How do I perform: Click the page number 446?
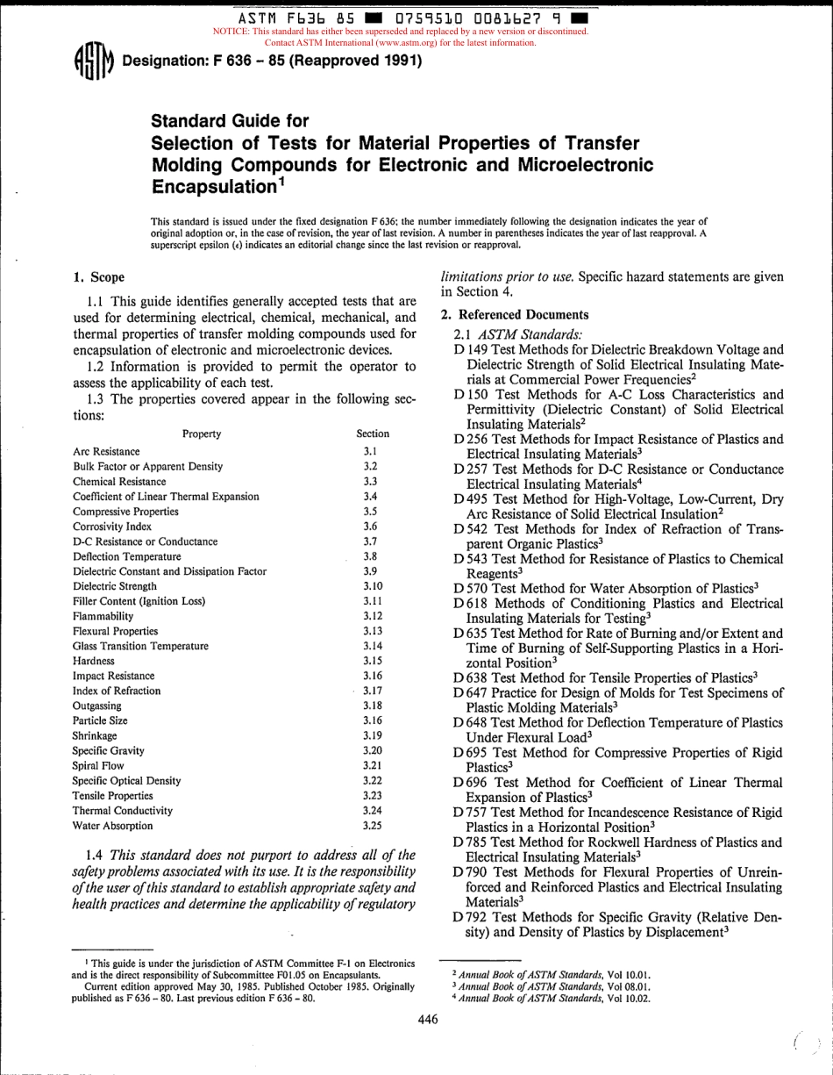(427, 1019)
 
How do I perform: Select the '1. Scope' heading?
(98, 278)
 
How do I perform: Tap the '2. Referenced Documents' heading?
(514, 314)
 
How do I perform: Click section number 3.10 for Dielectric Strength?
(372, 585)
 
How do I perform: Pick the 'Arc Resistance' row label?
(106, 451)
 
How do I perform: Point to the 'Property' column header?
(202, 434)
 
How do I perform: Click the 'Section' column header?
(373, 434)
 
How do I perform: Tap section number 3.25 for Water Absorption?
(372, 825)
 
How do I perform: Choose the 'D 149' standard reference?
(469, 348)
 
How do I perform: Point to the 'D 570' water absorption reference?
(469, 587)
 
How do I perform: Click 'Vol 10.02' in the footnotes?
(626, 998)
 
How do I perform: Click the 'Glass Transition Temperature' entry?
(140, 645)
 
